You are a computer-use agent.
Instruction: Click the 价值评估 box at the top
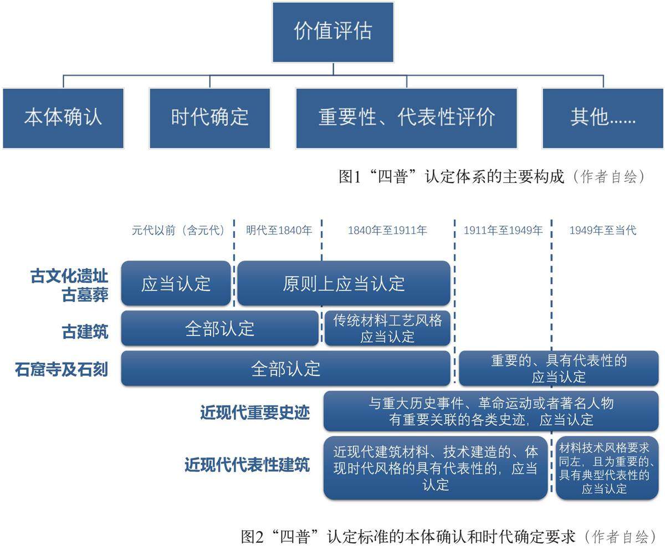click(332, 32)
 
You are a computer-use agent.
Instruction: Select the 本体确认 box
click(63, 118)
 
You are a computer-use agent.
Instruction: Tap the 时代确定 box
click(209, 118)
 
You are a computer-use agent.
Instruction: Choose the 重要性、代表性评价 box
click(406, 118)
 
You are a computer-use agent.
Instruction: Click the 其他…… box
click(602, 118)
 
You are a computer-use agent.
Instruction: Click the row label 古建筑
click(85, 332)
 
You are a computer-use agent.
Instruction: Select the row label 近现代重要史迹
click(254, 412)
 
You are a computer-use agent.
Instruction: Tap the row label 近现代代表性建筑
click(247, 465)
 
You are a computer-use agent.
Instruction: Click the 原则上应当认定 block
click(344, 283)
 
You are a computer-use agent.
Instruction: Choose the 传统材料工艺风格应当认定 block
click(387, 328)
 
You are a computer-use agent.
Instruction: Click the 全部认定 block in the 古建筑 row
click(219, 328)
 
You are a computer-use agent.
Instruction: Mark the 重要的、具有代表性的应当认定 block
click(559, 368)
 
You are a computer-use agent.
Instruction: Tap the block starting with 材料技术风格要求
click(607, 468)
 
